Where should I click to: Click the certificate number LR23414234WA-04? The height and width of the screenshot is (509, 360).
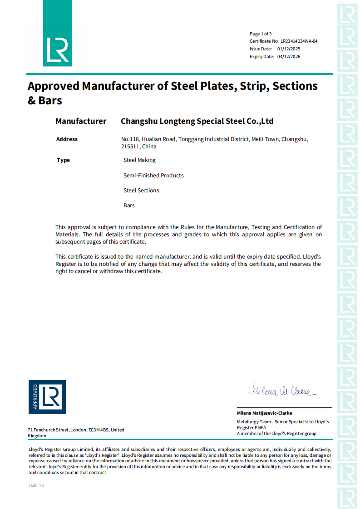point(299,41)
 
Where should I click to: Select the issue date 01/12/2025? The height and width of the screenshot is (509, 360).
point(289,49)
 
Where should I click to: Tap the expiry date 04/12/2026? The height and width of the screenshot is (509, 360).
point(289,57)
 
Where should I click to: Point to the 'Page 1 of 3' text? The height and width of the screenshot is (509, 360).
point(261,34)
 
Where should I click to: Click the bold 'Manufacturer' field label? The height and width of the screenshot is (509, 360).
point(81,121)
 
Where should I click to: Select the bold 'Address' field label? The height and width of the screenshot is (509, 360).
point(67,139)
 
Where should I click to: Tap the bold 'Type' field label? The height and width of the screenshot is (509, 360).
point(64,160)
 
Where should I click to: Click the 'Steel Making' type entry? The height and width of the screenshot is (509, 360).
point(139,160)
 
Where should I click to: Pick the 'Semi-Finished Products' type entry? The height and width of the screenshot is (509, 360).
point(153,175)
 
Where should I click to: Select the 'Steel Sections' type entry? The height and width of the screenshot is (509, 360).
point(141,191)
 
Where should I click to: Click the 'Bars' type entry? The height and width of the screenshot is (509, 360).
point(129,206)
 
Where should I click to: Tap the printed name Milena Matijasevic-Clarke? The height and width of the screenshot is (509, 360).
point(264,413)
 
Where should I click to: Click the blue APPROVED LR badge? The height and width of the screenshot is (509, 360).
point(47,397)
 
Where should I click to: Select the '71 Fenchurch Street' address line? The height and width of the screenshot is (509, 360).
point(48,430)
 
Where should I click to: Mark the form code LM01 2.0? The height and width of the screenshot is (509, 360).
point(36,486)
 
